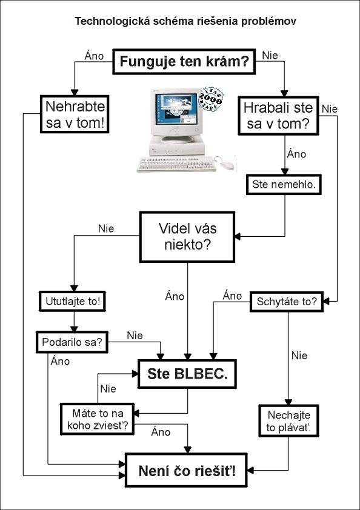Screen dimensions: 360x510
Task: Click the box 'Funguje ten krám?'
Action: (184, 61)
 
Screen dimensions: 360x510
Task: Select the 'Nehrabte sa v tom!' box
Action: (75, 114)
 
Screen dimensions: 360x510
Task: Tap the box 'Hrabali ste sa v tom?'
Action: (278, 116)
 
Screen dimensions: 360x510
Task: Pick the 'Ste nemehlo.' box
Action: (284, 184)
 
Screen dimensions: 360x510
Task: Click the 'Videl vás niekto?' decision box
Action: (187, 237)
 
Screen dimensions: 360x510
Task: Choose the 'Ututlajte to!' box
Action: (72, 301)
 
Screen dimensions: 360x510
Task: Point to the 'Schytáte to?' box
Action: (287, 302)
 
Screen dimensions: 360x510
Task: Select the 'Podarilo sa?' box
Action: (72, 342)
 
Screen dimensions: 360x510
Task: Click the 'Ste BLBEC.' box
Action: (187, 374)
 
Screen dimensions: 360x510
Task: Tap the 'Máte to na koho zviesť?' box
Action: (98, 419)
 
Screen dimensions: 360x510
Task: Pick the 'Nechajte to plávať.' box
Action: (288, 421)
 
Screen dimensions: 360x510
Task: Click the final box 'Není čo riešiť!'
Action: (186, 470)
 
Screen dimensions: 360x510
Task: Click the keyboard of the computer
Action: (177, 164)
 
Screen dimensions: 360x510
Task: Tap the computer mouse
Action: (227, 165)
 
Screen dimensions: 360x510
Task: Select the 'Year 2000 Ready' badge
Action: (210, 99)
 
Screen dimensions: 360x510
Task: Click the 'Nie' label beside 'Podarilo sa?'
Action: (135, 336)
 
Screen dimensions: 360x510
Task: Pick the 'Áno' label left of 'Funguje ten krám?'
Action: (94, 55)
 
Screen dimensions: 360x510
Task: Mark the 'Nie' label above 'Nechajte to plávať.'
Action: (299, 355)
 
